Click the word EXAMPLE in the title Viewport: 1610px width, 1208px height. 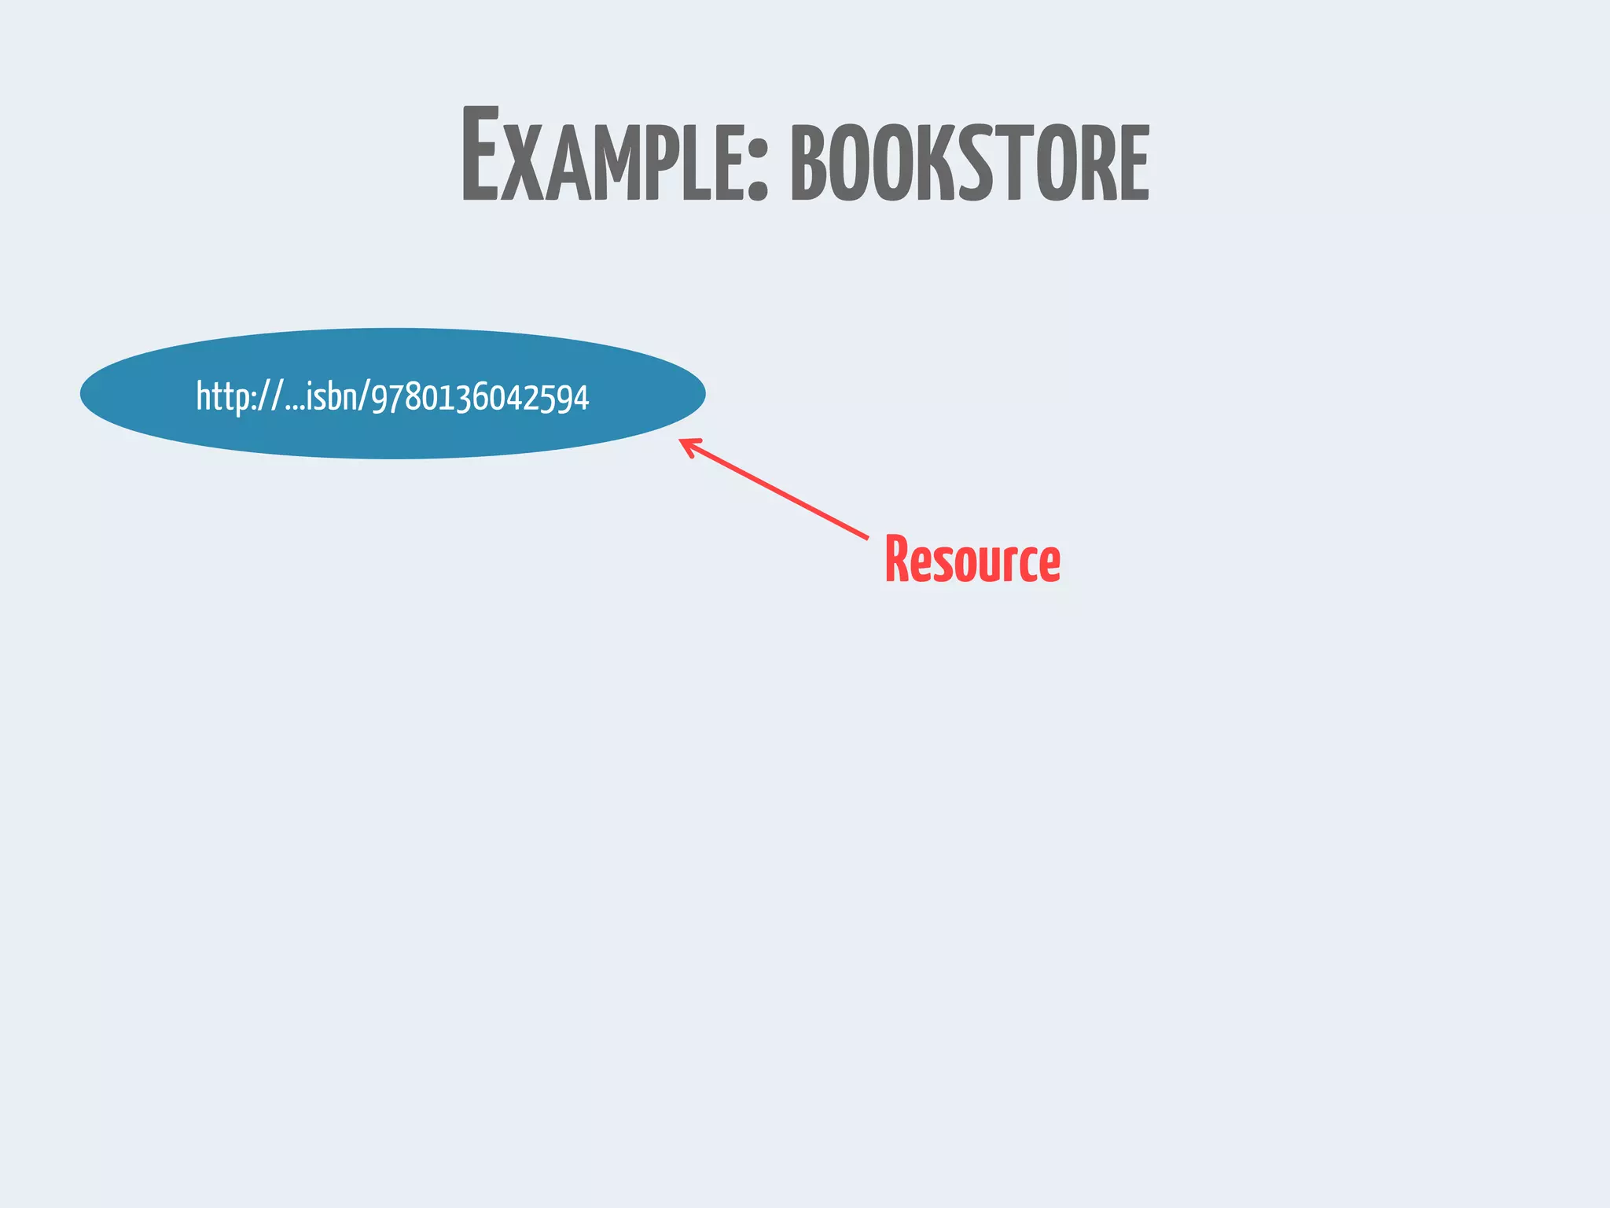click(x=605, y=157)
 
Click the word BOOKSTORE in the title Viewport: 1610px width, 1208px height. click(x=970, y=164)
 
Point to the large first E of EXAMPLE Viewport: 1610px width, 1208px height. click(x=480, y=153)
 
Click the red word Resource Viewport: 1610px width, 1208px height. click(x=972, y=560)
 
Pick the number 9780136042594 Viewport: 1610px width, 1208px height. click(x=480, y=398)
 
